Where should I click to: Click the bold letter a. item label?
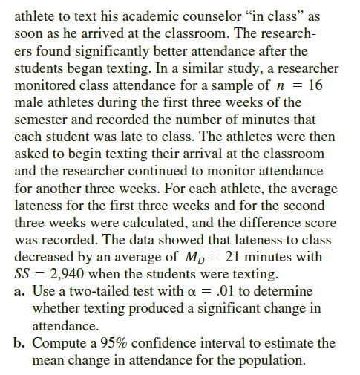pos(21,292)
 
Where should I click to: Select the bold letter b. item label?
pos(21,343)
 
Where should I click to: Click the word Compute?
pos(59,343)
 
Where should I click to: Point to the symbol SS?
pos(24,274)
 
